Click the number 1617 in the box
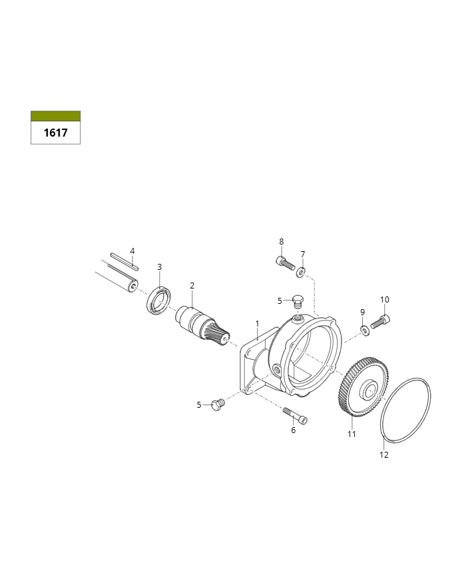[56, 133]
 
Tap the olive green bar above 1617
[55, 116]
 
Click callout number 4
[132, 251]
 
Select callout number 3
[159, 267]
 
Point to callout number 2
[192, 285]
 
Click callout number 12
[384, 454]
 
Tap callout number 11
[351, 434]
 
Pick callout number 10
[385, 299]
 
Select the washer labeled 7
[301, 273]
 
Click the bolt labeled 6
[295, 416]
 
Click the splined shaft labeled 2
[202, 325]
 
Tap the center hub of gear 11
[369, 390]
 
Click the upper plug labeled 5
[298, 301]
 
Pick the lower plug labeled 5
[217, 405]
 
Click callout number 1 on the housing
[258, 324]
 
